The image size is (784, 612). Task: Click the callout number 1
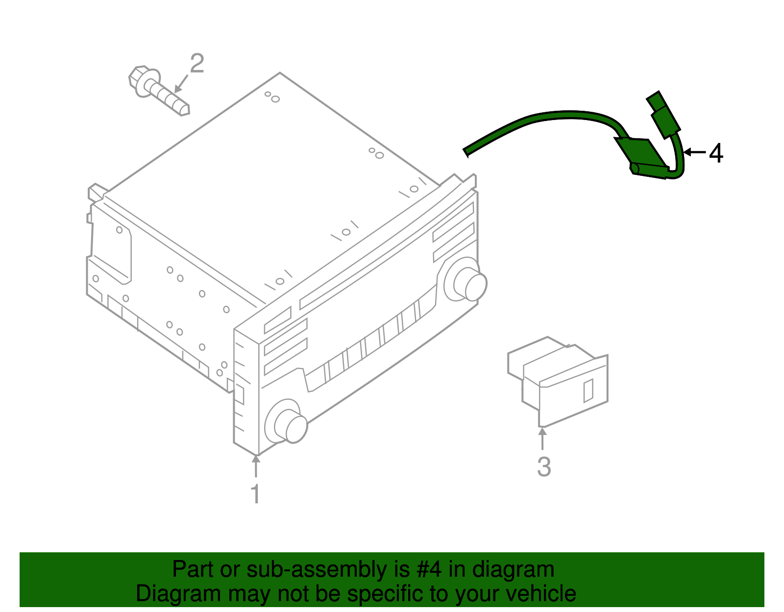pos(255,494)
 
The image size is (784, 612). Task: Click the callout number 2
pos(196,64)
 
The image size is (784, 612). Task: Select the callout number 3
pos(544,467)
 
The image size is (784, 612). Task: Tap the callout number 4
pos(716,153)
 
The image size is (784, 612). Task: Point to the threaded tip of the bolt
pos(184,108)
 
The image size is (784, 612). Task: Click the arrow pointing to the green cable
pos(694,152)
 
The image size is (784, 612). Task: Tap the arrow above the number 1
pos(255,465)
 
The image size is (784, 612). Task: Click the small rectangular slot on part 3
pos(588,391)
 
